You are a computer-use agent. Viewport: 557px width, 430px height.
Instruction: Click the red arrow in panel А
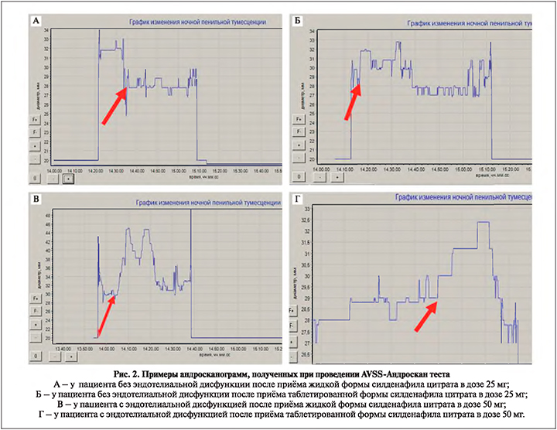point(114,105)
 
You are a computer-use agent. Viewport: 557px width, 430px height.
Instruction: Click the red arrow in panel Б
point(352,99)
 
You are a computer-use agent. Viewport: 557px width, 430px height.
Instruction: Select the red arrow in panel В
point(106,313)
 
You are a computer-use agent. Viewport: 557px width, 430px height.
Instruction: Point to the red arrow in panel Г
point(426,315)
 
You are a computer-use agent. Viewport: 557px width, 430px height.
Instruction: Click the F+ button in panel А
point(36,119)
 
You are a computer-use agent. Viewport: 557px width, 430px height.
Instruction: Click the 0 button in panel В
point(36,357)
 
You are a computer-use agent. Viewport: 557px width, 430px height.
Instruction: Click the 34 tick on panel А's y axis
point(47,30)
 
